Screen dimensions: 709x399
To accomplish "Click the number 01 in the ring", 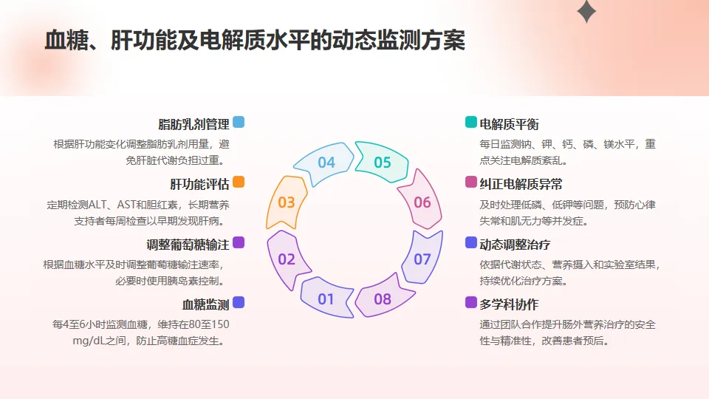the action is pyautogui.click(x=326, y=299).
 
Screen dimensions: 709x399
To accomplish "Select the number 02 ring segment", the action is pyautogui.click(x=287, y=259).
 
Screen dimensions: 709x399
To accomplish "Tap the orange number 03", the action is pyautogui.click(x=287, y=202).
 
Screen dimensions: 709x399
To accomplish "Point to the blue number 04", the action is pyautogui.click(x=326, y=162).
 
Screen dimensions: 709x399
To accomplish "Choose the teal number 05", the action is pyautogui.click(x=382, y=162).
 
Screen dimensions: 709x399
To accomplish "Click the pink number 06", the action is pyautogui.click(x=422, y=202).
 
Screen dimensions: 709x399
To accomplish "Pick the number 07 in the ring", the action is pyautogui.click(x=422, y=259).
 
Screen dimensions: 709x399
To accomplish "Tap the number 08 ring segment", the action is pyautogui.click(x=382, y=299).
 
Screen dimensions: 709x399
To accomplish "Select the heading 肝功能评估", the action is pyautogui.click(x=199, y=183).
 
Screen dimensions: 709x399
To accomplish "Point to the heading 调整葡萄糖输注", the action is pyautogui.click(x=188, y=244).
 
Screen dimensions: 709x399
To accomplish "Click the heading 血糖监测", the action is pyautogui.click(x=205, y=304).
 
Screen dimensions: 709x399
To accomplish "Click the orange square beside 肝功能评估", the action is pyautogui.click(x=239, y=183).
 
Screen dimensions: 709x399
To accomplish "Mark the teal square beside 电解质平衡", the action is pyautogui.click(x=471, y=123).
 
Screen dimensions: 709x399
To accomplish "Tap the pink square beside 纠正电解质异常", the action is pyautogui.click(x=471, y=183).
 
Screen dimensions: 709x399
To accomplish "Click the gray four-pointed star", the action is pyautogui.click(x=586, y=11).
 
